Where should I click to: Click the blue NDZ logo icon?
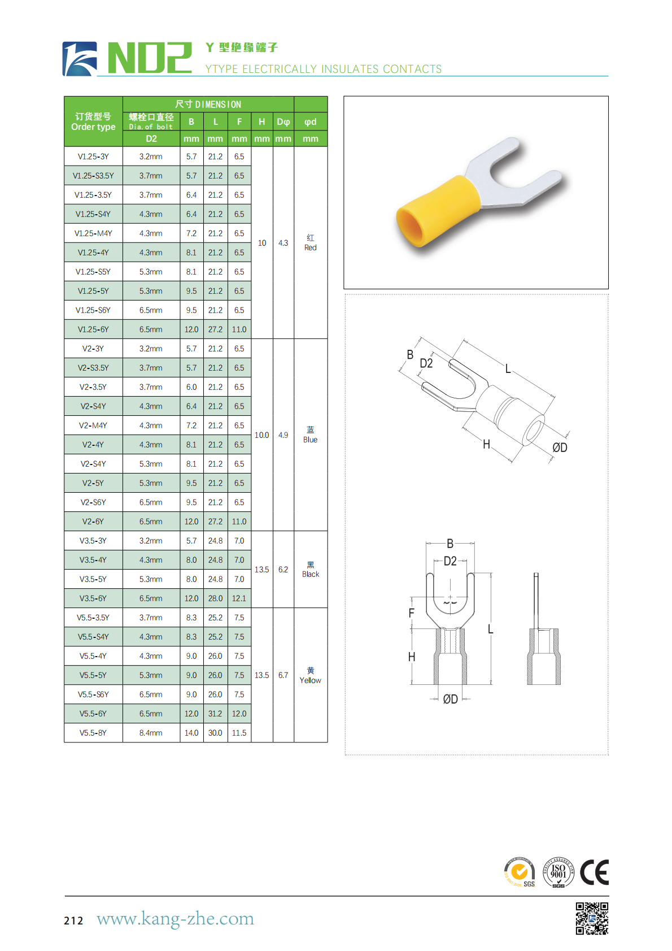(x=80, y=59)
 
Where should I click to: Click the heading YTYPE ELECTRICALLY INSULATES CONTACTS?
(x=323, y=69)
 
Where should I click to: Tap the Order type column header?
(x=93, y=121)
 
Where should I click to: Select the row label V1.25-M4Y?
(x=93, y=233)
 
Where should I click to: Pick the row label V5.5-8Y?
(x=93, y=733)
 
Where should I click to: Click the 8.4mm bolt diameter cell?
(x=151, y=733)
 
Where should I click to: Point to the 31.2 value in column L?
(x=215, y=714)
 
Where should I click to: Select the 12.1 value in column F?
(x=239, y=598)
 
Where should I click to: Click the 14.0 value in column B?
(x=191, y=733)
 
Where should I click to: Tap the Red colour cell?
(x=311, y=243)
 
